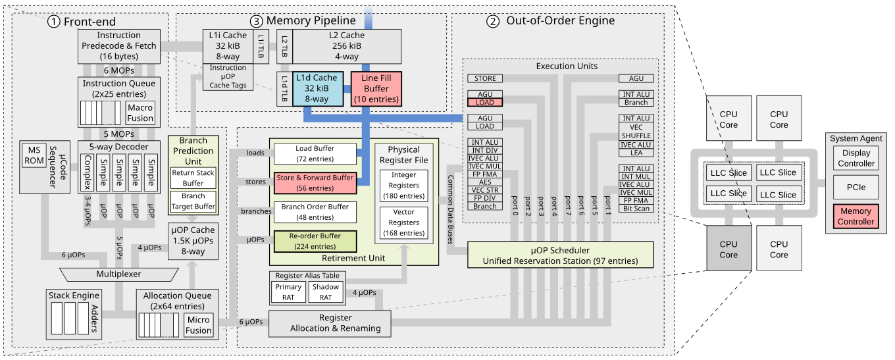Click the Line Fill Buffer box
376,88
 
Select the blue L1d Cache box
317,88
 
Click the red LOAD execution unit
485,103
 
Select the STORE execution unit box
485,79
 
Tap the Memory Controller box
856,216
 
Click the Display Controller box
856,159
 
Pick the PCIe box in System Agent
856,187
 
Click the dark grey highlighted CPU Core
728,249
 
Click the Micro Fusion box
199,325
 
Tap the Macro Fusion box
140,113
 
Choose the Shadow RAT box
326,292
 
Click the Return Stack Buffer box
193,178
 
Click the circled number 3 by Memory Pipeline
258,21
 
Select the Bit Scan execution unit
636,208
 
